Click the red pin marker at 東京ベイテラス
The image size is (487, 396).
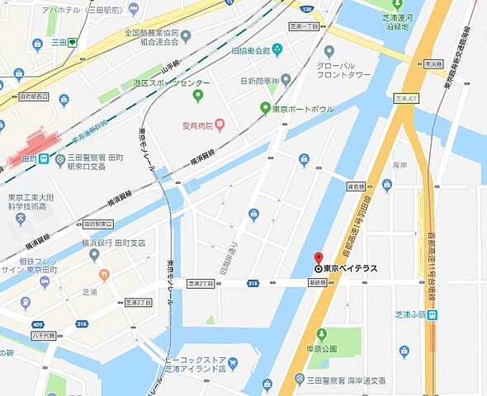319,258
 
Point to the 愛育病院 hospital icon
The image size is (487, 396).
220,125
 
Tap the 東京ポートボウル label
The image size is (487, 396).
298,108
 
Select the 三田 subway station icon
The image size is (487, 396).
73,41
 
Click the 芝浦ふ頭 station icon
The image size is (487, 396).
433,314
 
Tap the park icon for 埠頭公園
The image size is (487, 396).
320,334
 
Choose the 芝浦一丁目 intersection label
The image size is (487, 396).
304,26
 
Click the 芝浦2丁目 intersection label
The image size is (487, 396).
201,283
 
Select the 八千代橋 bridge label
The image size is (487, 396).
43,336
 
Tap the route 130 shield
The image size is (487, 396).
307,9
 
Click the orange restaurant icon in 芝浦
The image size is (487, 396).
104,276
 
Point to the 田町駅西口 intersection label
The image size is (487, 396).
31,97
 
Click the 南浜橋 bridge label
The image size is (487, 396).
433,63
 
